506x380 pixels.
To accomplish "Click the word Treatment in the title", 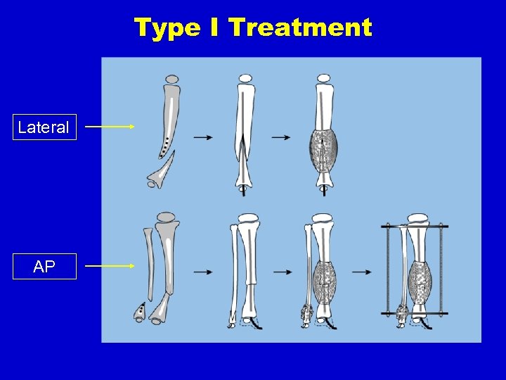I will (x=300, y=28).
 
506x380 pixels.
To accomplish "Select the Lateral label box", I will (x=44, y=127).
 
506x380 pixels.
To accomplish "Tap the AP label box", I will (x=44, y=267).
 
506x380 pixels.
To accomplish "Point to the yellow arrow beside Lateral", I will (x=110, y=127).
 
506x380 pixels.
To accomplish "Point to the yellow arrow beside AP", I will (x=110, y=266).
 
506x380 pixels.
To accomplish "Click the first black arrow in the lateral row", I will (x=203, y=137).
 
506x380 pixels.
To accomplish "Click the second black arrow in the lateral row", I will (x=280, y=137).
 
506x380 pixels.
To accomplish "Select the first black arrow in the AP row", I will (x=203, y=271).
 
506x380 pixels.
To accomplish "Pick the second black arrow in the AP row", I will (x=283, y=271).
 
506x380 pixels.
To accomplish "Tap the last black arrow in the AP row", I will (x=363, y=271).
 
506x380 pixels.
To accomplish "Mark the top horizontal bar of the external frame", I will (x=415, y=227).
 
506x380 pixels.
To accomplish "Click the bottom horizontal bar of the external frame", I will (x=415, y=313).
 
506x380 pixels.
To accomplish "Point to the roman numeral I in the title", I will (x=214, y=28).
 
